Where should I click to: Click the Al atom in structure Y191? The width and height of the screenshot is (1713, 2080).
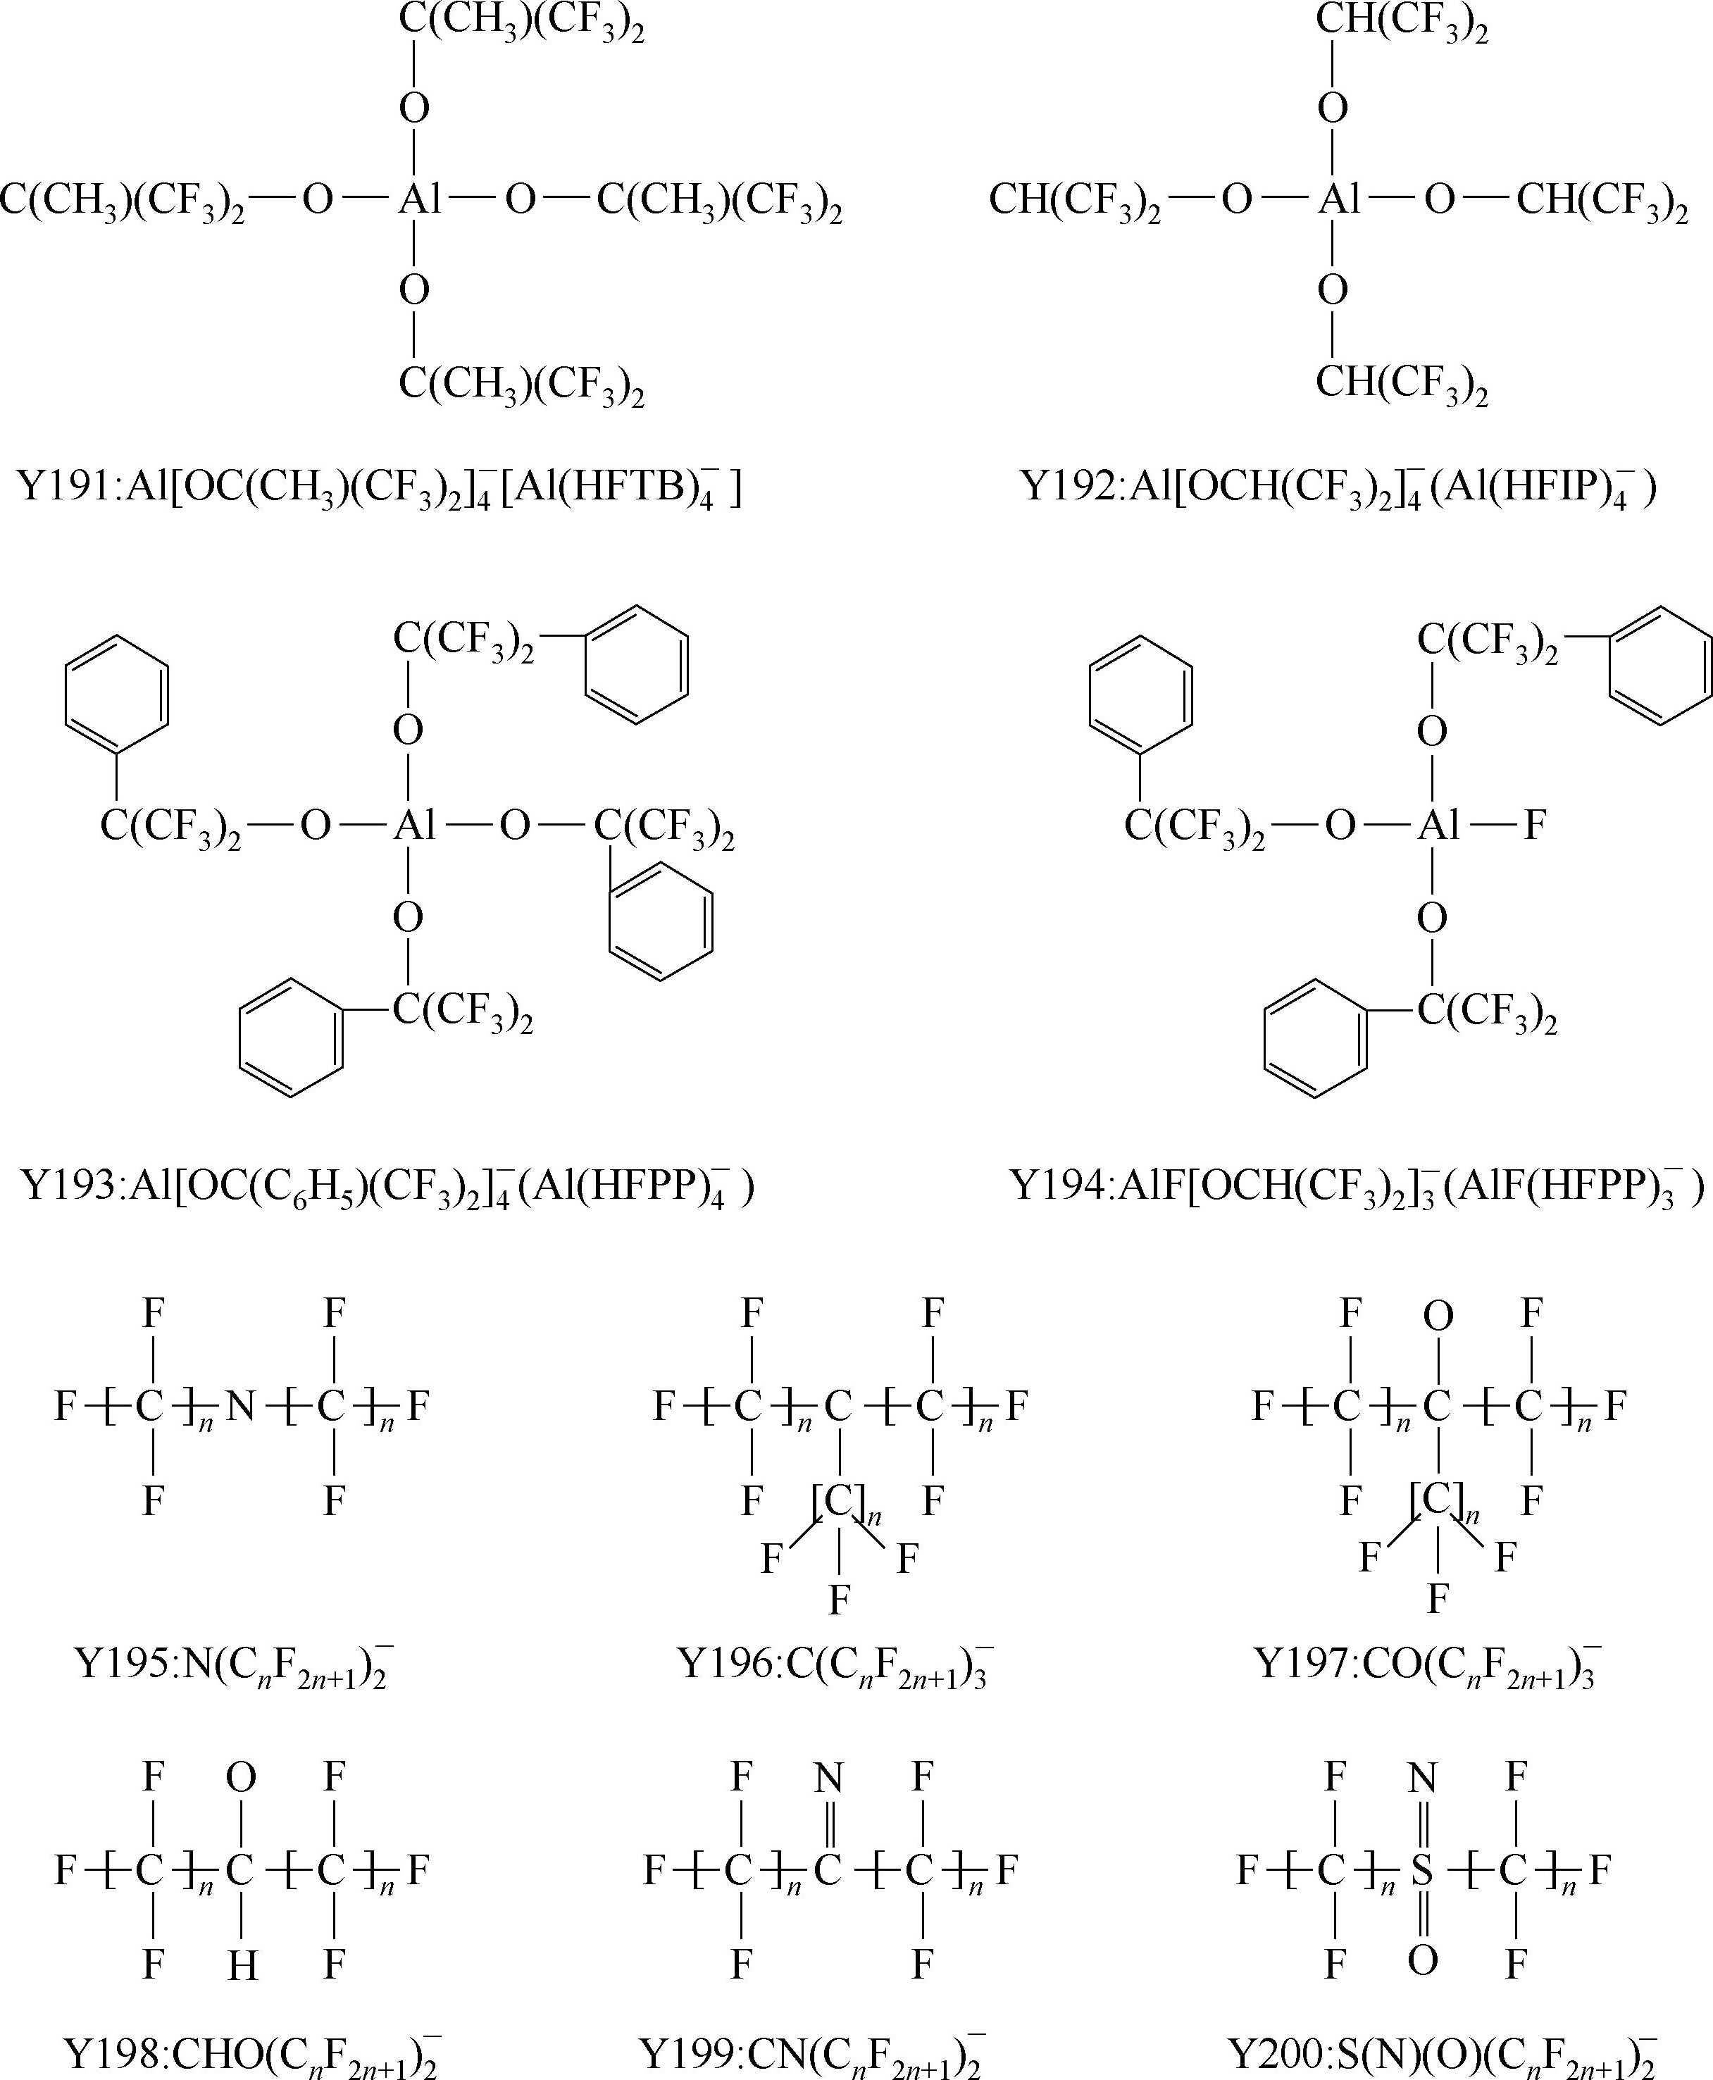pos(419,200)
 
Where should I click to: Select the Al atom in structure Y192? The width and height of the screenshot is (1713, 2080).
pos(1339,200)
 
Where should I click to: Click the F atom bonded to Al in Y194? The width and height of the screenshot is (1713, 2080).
pos(1533,825)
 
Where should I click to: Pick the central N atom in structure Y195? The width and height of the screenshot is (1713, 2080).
pos(241,1405)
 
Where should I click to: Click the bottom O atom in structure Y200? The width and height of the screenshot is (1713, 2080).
pos(1422,1960)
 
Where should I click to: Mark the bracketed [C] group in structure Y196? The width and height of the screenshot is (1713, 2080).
pos(840,1501)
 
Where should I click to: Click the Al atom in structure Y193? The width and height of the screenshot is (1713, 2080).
pos(414,825)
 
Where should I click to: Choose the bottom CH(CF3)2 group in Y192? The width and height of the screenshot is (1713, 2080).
pos(1401,383)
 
